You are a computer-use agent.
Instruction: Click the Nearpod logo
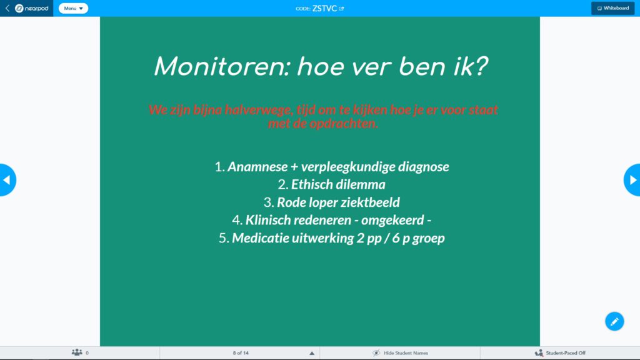point(31,8)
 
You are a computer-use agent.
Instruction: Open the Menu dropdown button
point(74,8)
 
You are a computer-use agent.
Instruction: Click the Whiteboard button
point(612,8)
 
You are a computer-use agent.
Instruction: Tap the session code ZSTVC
point(324,8)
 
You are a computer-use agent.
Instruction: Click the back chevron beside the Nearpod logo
point(7,8)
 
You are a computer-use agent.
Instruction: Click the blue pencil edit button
point(614,321)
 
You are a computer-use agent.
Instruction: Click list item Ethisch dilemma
point(331,184)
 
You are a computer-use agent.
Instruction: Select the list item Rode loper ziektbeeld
point(331,202)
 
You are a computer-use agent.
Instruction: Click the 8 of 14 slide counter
point(241,353)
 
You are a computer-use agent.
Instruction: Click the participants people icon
point(77,352)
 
